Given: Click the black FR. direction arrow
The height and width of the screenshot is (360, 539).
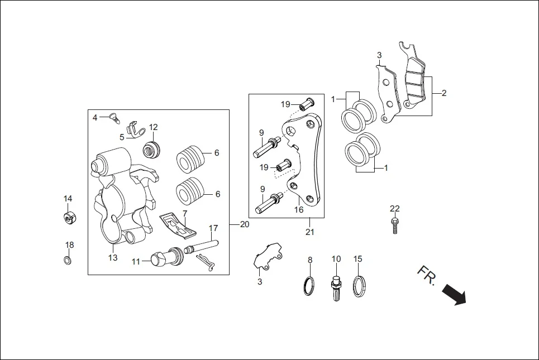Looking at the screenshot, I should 454,294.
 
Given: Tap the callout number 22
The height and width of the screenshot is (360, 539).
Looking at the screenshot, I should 395,209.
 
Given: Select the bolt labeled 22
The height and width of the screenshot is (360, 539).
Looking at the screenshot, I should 395,225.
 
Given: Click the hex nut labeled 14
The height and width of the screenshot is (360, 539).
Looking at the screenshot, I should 68,217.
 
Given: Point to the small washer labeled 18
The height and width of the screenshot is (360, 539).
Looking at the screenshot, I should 68,261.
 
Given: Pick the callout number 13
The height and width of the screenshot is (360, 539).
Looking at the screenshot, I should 113,258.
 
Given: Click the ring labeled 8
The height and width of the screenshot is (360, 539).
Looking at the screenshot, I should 308,286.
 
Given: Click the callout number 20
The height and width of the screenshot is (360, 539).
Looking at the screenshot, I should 244,224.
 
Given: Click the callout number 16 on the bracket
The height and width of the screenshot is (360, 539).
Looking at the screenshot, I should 299,210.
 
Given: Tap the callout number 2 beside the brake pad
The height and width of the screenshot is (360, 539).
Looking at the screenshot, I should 444,93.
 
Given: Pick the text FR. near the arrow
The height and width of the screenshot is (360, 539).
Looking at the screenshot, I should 426,275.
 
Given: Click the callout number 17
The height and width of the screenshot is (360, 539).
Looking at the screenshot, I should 213,228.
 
